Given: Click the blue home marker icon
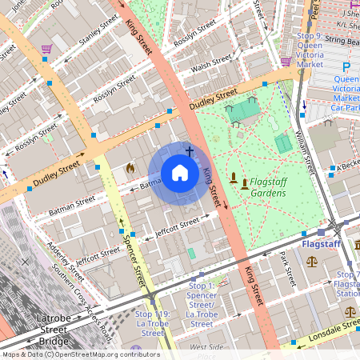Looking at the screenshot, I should (x=180, y=173).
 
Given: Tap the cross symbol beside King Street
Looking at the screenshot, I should (x=190, y=150).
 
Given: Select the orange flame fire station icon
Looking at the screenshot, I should (x=130, y=169).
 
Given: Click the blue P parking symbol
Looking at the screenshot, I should (x=346, y=67).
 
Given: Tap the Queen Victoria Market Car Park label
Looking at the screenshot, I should (x=346, y=93).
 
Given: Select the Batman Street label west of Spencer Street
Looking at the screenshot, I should (x=73, y=207).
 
